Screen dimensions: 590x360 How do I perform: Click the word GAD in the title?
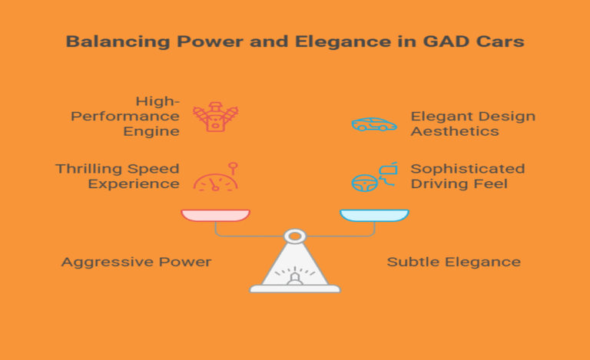[446, 41]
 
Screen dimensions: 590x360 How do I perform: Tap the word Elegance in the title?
[343, 42]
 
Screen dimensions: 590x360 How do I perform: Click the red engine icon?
[216, 117]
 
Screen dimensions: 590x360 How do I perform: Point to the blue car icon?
[374, 124]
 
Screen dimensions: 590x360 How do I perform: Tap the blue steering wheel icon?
[365, 183]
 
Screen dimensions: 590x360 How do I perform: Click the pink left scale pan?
[216, 216]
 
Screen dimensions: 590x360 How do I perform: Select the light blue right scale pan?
[374, 216]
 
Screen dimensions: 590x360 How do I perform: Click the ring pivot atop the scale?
[295, 230]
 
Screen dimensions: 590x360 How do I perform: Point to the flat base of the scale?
[295, 289]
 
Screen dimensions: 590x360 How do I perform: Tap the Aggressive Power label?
[136, 262]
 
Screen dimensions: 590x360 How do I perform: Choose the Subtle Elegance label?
[454, 262]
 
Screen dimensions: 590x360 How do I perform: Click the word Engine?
[151, 131]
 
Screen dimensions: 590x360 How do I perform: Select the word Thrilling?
[89, 169]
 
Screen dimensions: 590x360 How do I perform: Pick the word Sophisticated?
[468, 169]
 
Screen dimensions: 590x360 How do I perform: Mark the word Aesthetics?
[455, 131]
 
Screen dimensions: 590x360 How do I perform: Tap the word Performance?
[125, 116]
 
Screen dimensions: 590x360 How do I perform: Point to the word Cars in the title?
[499, 41]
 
